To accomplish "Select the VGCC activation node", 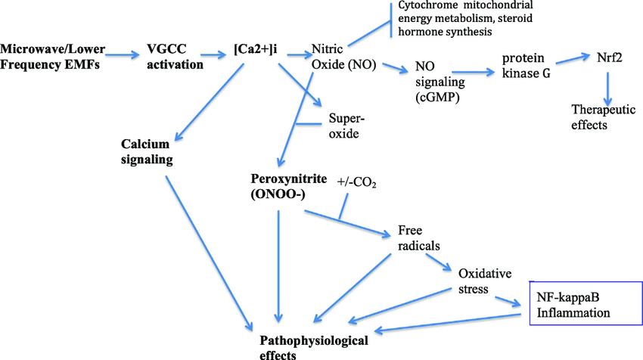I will (x=174, y=57).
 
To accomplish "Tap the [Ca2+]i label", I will (x=258, y=51).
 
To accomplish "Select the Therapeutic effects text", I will (x=600, y=117).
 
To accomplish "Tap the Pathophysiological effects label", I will (x=314, y=347).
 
